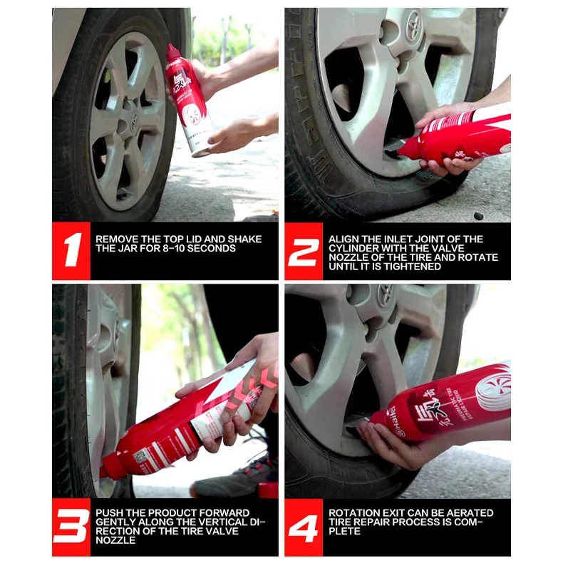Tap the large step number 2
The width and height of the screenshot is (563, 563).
(304, 251)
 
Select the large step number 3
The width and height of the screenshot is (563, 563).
(71, 527)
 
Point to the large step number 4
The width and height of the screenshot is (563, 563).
(304, 527)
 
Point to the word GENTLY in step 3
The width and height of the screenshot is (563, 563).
(113, 522)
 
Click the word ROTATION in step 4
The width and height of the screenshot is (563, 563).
(352, 513)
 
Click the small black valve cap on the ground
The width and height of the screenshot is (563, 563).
(477, 215)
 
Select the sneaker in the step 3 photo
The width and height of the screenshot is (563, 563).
(235, 476)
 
